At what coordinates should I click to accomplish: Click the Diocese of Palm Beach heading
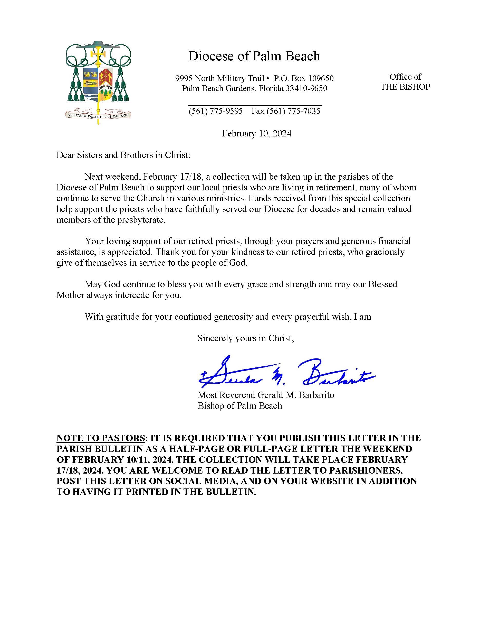point(254,56)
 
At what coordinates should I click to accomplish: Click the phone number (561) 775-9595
point(216,111)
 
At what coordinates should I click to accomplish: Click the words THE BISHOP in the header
point(405,87)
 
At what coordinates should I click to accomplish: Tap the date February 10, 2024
point(257,134)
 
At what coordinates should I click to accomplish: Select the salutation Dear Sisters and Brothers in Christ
point(123,155)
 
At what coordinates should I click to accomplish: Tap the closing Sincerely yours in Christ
point(246,338)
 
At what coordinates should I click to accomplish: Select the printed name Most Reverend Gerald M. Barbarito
point(266,395)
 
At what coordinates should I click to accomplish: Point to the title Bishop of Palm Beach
point(239,406)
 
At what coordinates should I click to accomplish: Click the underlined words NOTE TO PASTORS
point(101,438)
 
